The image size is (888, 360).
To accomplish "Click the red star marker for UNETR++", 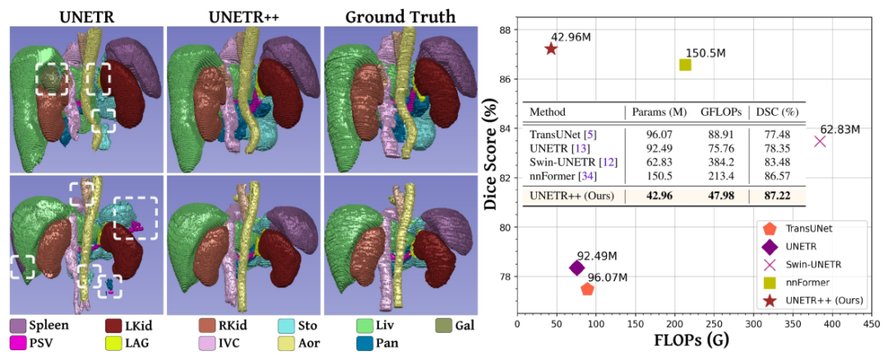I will point(551,48).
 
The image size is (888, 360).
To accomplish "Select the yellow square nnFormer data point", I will point(685,64).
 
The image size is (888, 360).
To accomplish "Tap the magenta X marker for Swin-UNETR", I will point(820,141).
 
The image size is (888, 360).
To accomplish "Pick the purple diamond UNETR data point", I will point(576,267).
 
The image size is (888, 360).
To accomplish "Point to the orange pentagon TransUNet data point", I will point(587,288).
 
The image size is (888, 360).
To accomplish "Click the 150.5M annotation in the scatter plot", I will point(705,53).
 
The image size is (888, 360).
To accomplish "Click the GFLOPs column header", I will point(715,112).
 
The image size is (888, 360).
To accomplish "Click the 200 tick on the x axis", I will point(673,325).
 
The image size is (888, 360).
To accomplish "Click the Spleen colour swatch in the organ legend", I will point(17,325).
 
